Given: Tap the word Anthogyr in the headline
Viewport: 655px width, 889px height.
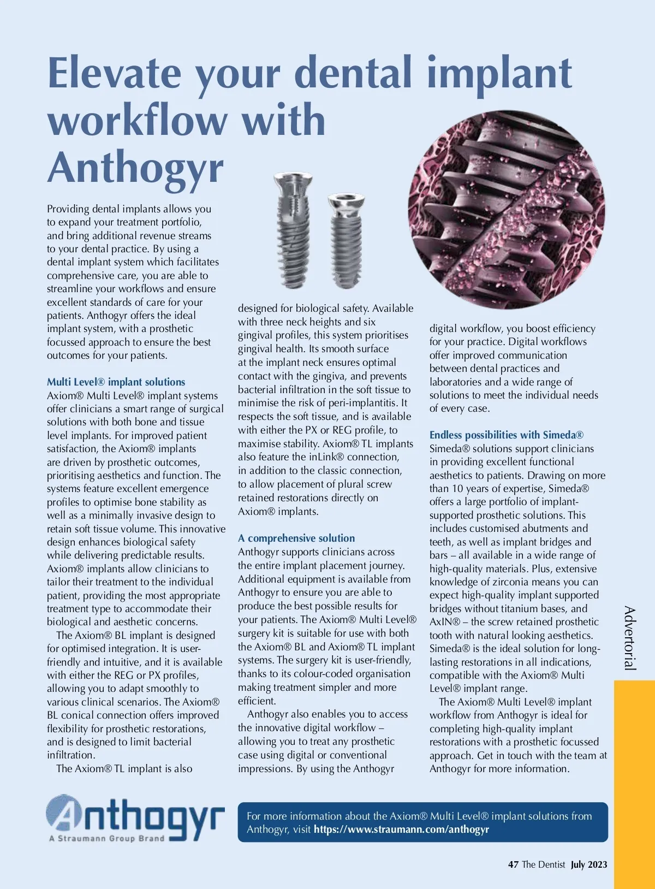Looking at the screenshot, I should point(135,168).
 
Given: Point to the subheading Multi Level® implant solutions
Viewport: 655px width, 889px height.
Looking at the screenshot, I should point(116,382).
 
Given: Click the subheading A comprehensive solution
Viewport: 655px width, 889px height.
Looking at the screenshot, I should point(296,538).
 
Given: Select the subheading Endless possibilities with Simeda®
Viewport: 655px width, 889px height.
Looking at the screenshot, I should point(506,435).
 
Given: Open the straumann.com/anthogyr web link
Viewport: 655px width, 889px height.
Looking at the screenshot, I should point(401,829).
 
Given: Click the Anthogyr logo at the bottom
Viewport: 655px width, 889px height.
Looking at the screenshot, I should point(135,817).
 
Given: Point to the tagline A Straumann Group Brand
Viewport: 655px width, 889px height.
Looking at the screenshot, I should point(106,839).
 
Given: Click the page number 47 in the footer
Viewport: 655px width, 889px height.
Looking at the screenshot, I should point(513,864).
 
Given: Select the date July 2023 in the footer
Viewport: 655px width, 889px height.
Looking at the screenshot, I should point(589,864).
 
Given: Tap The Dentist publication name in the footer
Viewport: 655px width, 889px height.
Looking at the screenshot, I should point(543,864).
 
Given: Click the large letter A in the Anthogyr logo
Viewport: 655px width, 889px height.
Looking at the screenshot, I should point(65,815).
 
